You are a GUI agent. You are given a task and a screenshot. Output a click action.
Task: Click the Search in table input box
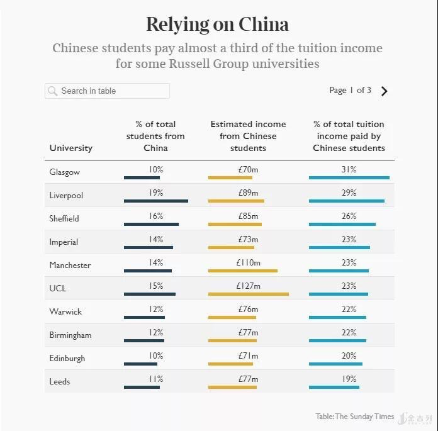107,91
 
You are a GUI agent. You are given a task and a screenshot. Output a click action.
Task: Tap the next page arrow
385,91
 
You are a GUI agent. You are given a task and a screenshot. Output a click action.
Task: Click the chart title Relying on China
218,25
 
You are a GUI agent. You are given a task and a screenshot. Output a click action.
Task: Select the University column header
70,148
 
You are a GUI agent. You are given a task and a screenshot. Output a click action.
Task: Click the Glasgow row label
64,172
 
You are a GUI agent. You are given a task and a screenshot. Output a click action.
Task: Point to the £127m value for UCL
248,286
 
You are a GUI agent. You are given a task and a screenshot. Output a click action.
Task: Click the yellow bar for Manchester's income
242,271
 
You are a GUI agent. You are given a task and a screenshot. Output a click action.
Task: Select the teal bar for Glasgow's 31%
349,177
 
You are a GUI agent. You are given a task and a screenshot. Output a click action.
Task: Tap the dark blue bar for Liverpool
155,201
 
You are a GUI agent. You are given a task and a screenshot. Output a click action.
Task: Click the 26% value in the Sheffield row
349,216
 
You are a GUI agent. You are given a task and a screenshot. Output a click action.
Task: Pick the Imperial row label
64,242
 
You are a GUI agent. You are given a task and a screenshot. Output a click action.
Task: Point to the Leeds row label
60,381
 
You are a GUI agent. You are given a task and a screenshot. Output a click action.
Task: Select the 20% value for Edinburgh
349,355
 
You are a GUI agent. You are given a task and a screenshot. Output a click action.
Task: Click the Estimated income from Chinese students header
248,136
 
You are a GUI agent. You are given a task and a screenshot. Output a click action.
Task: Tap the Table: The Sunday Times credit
355,416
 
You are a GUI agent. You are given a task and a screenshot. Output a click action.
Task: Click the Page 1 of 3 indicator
350,91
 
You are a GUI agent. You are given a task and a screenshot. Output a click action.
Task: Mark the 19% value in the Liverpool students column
155,193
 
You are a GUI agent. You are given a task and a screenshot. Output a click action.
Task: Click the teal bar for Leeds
334,387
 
